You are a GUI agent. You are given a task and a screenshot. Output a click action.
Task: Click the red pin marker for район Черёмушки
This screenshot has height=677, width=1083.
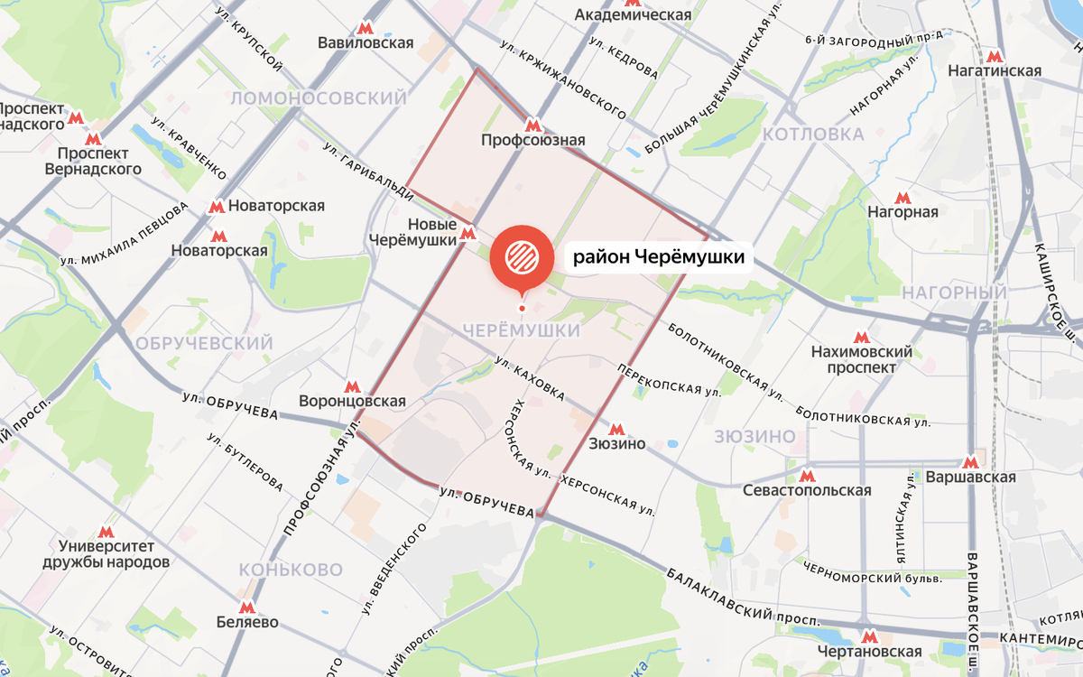[522, 257]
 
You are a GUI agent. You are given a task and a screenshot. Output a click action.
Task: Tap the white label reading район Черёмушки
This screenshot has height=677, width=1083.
[660, 258]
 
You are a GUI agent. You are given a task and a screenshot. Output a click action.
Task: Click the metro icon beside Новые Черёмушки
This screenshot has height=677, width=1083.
[467, 234]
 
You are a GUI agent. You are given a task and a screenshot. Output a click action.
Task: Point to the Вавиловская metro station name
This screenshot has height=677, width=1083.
[366, 42]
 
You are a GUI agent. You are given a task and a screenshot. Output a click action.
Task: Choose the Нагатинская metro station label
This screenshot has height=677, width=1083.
[995, 70]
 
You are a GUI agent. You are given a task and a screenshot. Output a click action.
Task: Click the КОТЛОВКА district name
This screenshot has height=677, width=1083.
[813, 134]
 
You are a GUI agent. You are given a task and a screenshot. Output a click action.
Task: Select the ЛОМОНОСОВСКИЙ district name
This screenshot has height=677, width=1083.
[318, 97]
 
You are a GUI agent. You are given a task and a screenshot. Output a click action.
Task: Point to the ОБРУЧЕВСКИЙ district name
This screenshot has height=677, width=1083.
[203, 344]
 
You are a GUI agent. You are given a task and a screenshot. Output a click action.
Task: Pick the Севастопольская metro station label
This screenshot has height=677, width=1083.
[807, 490]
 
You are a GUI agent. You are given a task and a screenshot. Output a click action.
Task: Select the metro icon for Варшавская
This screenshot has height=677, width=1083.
[971, 461]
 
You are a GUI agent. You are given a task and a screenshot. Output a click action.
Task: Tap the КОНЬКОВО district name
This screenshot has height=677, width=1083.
[291, 570]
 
